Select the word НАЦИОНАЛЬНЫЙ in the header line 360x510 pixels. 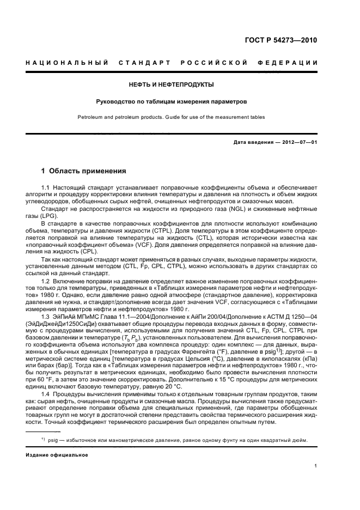[x=66, y=63]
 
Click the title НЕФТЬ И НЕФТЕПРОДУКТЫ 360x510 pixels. [x=171, y=84]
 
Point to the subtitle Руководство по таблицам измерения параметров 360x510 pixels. [x=171, y=101]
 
